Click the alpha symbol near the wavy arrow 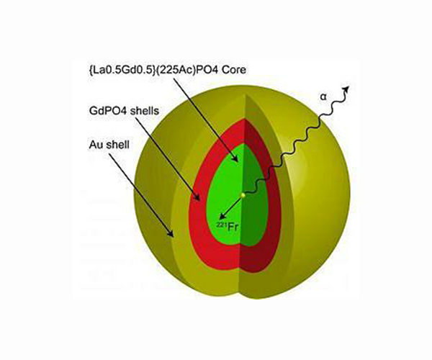pos(323,96)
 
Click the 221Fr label pos(227,227)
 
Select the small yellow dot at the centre pos(243,195)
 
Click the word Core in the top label pos(234,70)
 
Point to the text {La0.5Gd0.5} pos(121,70)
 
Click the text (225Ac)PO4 pos(186,70)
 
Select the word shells pos(145,111)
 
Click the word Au pos(95,145)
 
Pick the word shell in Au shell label pos(117,145)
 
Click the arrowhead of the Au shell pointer pos(171,233)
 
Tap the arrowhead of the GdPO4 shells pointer pos(197,197)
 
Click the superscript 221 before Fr pos(220,225)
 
